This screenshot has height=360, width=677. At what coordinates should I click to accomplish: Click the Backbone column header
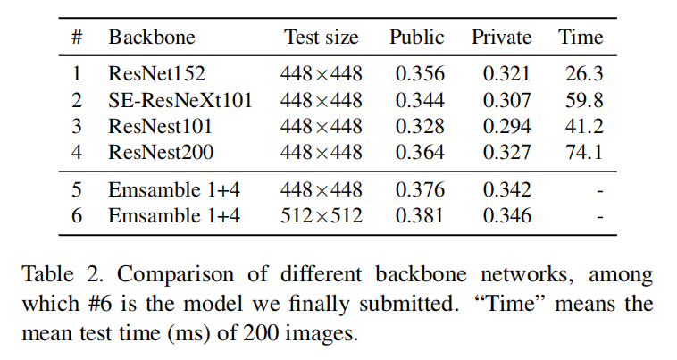click(x=152, y=38)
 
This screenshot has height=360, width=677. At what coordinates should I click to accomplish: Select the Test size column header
click(x=322, y=38)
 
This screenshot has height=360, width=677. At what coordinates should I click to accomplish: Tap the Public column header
click(x=416, y=38)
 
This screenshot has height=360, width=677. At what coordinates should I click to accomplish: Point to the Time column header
click(x=581, y=38)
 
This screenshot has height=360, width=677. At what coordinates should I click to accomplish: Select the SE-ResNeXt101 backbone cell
click(x=180, y=100)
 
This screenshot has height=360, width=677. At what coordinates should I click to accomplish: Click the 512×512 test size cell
click(x=322, y=215)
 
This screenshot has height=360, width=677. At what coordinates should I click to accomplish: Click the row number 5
click(x=77, y=189)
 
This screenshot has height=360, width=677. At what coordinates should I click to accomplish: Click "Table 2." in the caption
click(x=58, y=274)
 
